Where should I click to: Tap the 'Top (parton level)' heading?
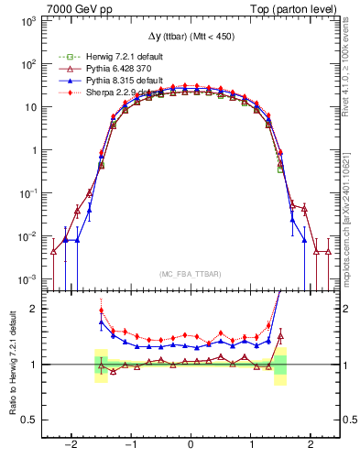(x=300, y=8)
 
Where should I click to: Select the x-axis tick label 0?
(x=191, y=445)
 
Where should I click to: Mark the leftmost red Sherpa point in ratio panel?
(x=101, y=311)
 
